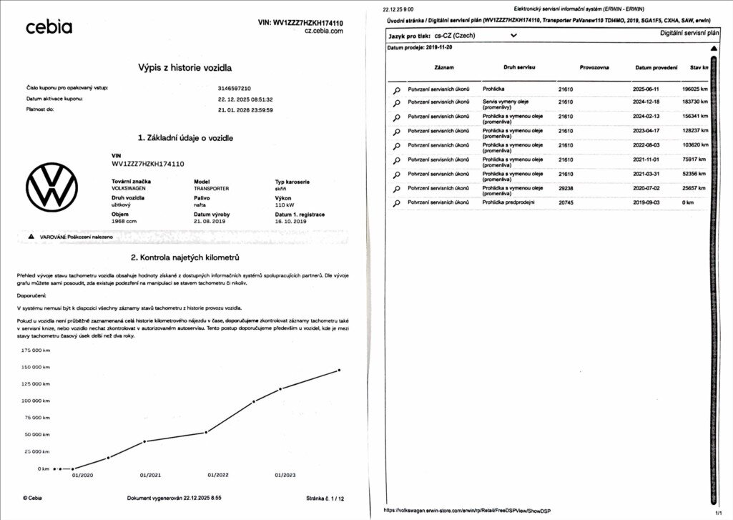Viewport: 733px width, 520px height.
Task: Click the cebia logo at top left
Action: (x=49, y=27)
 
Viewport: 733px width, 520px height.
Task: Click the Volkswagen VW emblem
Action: (x=51, y=187)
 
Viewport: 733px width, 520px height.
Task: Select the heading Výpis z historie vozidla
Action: (x=185, y=67)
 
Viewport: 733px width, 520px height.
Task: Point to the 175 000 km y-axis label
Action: (x=36, y=350)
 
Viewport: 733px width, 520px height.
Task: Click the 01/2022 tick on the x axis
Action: (x=218, y=475)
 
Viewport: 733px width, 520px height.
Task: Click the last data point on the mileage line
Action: (x=339, y=370)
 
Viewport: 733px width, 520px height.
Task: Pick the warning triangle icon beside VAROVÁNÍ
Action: (x=31, y=236)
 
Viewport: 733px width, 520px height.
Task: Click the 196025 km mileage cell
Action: (x=695, y=89)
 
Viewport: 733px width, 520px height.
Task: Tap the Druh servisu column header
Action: (x=509, y=67)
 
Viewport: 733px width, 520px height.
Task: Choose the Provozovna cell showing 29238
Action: (x=566, y=188)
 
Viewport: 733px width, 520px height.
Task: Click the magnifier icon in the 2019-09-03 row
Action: (x=396, y=203)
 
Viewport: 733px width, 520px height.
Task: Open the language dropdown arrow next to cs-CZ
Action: (x=513, y=34)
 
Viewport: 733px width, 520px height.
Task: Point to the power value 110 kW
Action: (x=286, y=205)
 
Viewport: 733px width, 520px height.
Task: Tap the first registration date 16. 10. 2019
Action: (x=290, y=222)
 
